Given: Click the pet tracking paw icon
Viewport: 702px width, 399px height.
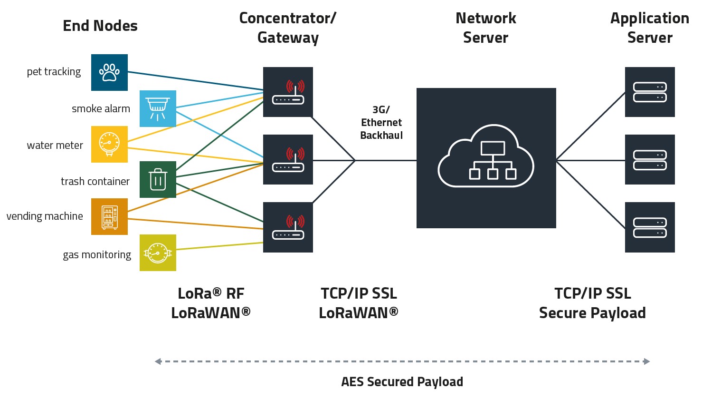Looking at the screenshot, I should pyautogui.click(x=109, y=72).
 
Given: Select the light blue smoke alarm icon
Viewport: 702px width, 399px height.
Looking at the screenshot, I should pyautogui.click(x=158, y=108).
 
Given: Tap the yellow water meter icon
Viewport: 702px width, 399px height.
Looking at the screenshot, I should pyautogui.click(x=109, y=144).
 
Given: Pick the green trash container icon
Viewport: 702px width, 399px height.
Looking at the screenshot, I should pyautogui.click(x=158, y=179).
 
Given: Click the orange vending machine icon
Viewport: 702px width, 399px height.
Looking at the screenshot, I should pyautogui.click(x=109, y=216).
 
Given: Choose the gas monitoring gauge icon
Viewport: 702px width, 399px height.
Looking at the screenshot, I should pyautogui.click(x=158, y=253).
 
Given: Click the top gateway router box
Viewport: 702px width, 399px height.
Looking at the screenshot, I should pyautogui.click(x=288, y=92).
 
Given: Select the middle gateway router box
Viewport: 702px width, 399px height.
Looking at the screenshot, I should pyautogui.click(x=288, y=159).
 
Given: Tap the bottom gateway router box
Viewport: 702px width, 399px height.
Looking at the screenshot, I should pyautogui.click(x=288, y=227).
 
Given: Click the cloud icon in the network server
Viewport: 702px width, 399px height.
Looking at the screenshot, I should pyautogui.click(x=485, y=157).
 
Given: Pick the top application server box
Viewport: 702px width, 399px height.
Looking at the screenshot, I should pyautogui.click(x=650, y=92).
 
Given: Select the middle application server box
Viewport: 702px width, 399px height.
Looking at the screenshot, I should pyautogui.click(x=650, y=159).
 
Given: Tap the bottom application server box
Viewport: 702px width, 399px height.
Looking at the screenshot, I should pyautogui.click(x=650, y=227).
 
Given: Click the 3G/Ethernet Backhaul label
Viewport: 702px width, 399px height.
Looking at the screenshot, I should pyautogui.click(x=381, y=123).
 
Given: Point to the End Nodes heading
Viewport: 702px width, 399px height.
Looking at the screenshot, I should pyautogui.click(x=100, y=26).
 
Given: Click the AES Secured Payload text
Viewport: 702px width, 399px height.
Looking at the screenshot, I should pyautogui.click(x=402, y=381).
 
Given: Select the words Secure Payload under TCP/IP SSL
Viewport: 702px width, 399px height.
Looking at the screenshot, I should pyautogui.click(x=592, y=313).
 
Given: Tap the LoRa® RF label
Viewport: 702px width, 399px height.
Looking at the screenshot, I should pyautogui.click(x=211, y=293).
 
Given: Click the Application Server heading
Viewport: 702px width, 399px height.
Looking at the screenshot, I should pyautogui.click(x=649, y=28).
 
